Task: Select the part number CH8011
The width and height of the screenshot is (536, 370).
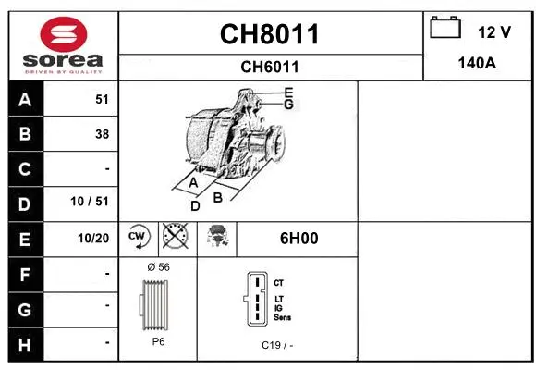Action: [x=270, y=34]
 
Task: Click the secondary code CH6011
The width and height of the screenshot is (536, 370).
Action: [x=270, y=67]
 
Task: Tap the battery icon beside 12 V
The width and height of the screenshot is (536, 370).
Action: [x=445, y=29]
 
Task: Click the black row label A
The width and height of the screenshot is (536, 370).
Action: [x=24, y=99]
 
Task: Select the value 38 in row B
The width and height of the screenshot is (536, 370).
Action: [x=102, y=134]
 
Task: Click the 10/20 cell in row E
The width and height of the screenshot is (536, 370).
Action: [x=94, y=239]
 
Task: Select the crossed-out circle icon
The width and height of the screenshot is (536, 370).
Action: [x=174, y=238]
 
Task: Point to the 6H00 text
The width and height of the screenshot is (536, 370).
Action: [x=298, y=238]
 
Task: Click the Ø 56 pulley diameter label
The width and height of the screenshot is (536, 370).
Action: [x=158, y=266]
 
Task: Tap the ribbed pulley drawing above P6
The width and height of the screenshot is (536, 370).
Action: [x=158, y=303]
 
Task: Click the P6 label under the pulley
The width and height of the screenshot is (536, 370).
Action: [x=158, y=341]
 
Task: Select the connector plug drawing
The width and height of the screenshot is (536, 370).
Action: [x=256, y=298]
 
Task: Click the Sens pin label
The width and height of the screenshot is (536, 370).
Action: [x=282, y=317]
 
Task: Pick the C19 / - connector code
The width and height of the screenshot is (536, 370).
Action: [x=277, y=345]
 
